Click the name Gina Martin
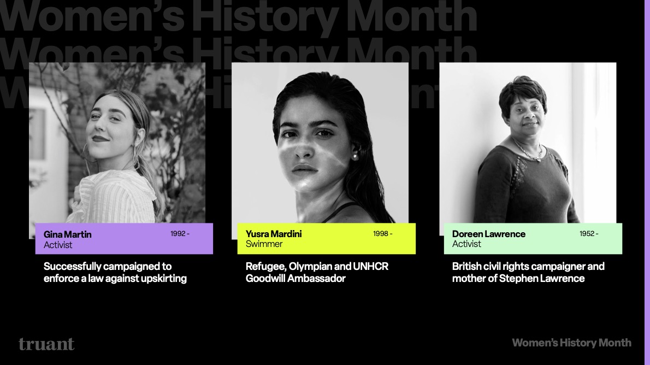pos(67,234)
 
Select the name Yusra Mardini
pos(273,234)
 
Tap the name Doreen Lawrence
pos(488,234)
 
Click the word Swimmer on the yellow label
pos(264,244)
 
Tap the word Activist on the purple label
pos(58,245)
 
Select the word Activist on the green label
pos(466,244)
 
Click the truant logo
pos(46,344)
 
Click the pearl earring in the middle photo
pos(353,157)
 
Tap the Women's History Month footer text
pos(571,343)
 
